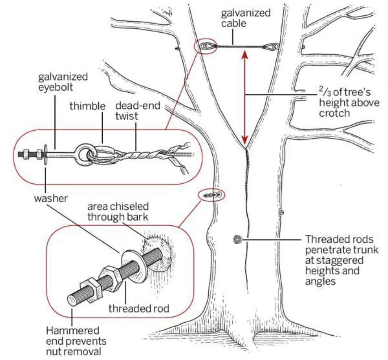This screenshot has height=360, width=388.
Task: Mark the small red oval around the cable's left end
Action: [x=206, y=47]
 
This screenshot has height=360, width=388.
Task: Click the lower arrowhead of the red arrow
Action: [x=245, y=140]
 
